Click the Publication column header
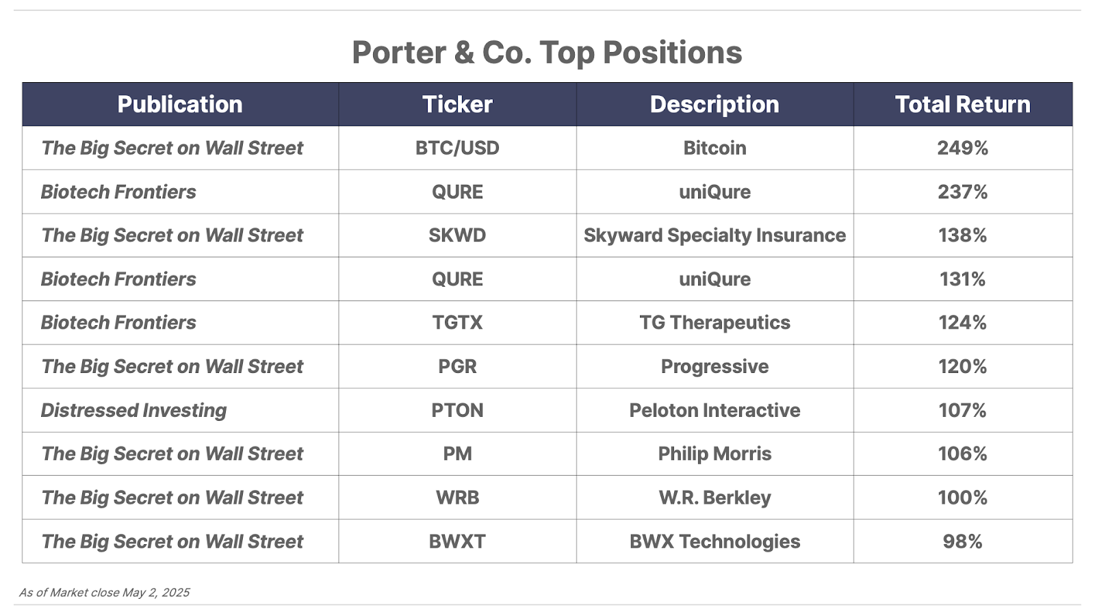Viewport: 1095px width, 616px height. (x=180, y=105)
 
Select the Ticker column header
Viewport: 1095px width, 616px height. (x=457, y=105)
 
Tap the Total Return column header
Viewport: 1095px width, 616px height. (x=962, y=105)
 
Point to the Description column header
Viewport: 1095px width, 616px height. (x=714, y=105)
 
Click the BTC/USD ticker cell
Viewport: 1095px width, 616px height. (x=457, y=148)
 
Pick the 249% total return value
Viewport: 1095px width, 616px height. (x=962, y=148)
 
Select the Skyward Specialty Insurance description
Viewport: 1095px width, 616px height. (x=714, y=235)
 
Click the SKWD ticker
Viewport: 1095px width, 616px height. (x=457, y=235)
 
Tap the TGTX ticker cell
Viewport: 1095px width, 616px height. (x=457, y=322)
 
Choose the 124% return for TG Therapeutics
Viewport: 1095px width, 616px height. (x=962, y=322)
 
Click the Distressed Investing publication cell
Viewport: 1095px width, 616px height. (x=133, y=411)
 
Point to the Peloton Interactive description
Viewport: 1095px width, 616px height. (x=714, y=410)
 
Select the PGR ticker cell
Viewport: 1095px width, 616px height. (x=457, y=367)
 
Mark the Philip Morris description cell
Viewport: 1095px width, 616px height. (x=714, y=454)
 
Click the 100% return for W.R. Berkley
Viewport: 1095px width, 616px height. (x=962, y=498)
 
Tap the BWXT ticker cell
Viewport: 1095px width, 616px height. (x=457, y=541)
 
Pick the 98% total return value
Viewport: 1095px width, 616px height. (x=962, y=541)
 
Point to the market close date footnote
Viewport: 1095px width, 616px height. (x=104, y=593)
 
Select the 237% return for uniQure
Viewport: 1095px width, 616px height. (x=962, y=192)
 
